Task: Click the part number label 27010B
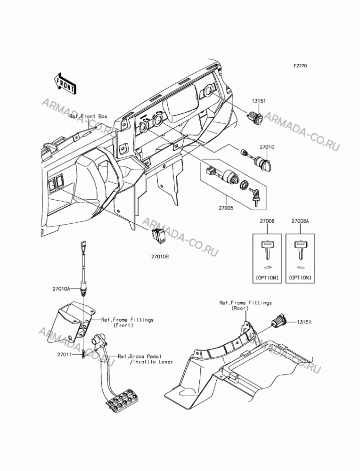pyautogui.click(x=160, y=257)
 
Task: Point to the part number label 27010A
pyautogui.click(x=61, y=289)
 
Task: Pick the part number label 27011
pyautogui.click(x=64, y=355)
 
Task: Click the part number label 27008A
pyautogui.click(x=300, y=221)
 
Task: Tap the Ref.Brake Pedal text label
pyautogui.click(x=140, y=357)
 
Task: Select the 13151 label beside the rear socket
pyautogui.click(x=304, y=322)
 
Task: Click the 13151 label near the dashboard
pyautogui.click(x=259, y=101)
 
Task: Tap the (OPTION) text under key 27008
pyautogui.click(x=267, y=277)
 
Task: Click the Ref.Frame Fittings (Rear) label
pyautogui.click(x=245, y=306)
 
